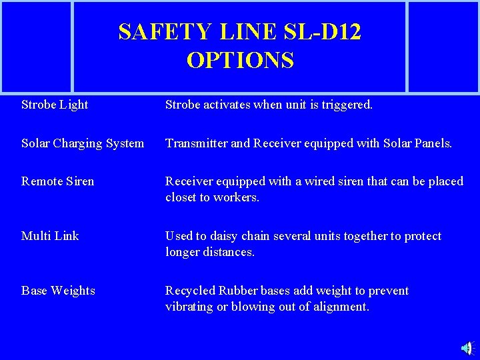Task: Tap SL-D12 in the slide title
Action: click(321, 31)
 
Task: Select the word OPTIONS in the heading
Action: click(240, 61)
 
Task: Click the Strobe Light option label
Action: click(55, 105)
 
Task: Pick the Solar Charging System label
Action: click(83, 143)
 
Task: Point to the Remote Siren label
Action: click(58, 181)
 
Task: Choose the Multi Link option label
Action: click(50, 236)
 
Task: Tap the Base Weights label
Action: click(58, 291)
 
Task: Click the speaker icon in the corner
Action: click(467, 348)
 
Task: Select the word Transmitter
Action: click(196, 143)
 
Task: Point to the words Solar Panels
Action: click(417, 143)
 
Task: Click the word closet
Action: click(181, 197)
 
